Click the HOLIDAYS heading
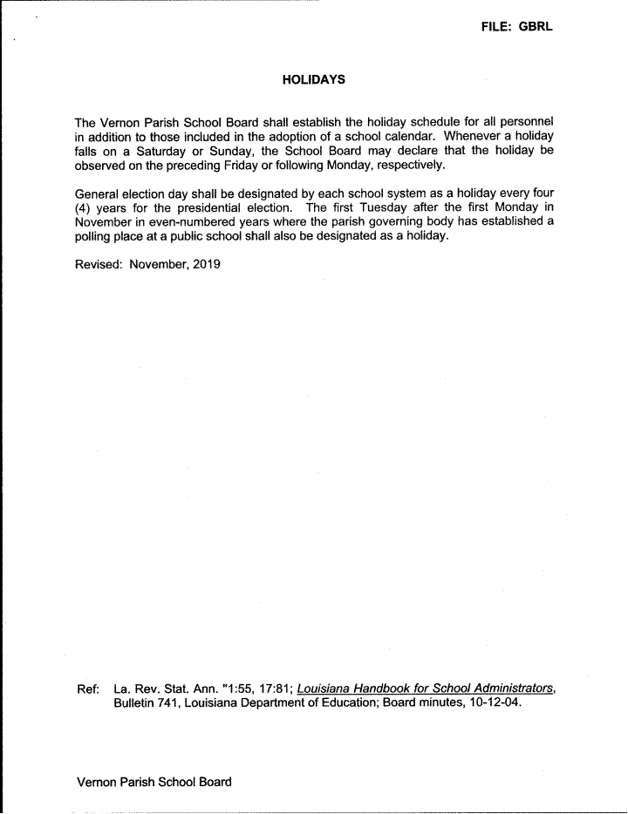pos(314,79)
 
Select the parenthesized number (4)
pos(85,207)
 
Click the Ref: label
pos(88,689)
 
